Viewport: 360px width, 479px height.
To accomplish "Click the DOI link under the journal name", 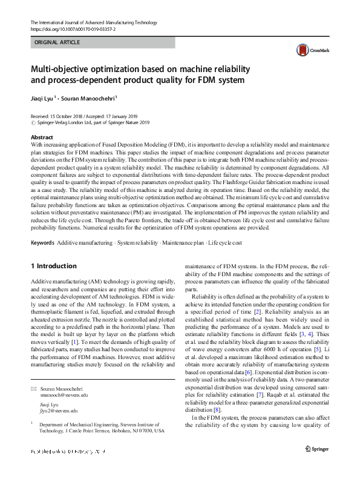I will pyautogui.click(x=72, y=28).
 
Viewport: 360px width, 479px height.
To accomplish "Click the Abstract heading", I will pyautogui.click(x=42, y=138).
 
